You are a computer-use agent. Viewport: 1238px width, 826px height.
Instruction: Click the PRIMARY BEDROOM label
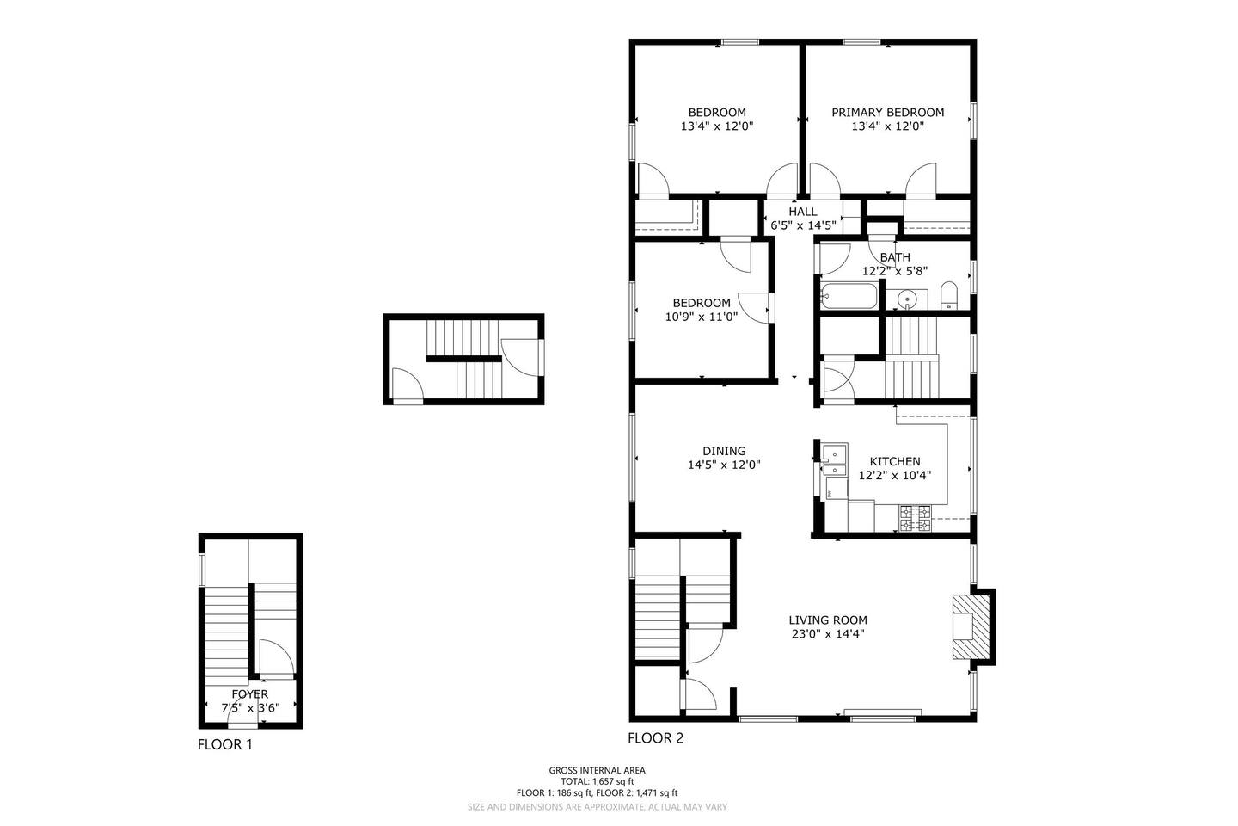887,113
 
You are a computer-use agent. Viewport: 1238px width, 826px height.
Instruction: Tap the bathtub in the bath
849,297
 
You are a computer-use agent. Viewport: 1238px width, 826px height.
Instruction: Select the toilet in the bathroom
949,296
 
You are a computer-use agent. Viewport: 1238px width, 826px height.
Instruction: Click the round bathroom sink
908,300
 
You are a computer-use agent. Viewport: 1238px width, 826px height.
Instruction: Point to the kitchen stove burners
916,518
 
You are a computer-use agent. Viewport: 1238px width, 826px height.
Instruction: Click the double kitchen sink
834,459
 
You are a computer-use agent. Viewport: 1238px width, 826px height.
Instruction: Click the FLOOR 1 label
225,744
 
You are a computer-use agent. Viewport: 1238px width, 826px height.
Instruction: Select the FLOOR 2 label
655,738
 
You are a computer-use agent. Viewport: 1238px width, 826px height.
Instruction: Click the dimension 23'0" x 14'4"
828,634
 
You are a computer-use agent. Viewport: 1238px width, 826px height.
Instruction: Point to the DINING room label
724,451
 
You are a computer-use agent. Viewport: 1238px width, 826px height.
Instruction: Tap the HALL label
802,212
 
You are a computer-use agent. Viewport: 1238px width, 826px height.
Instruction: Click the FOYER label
250,693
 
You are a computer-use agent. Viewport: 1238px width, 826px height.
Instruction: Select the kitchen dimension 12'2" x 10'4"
895,475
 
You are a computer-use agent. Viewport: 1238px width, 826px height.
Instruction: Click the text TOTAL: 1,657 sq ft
597,781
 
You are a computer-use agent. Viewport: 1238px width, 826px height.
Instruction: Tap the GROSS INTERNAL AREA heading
597,770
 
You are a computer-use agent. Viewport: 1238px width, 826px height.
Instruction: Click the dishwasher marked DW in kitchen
836,489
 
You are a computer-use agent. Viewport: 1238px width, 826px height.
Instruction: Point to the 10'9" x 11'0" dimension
702,317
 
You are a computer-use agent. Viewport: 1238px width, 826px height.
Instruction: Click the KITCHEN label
895,461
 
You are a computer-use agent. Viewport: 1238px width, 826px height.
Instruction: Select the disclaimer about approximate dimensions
597,807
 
